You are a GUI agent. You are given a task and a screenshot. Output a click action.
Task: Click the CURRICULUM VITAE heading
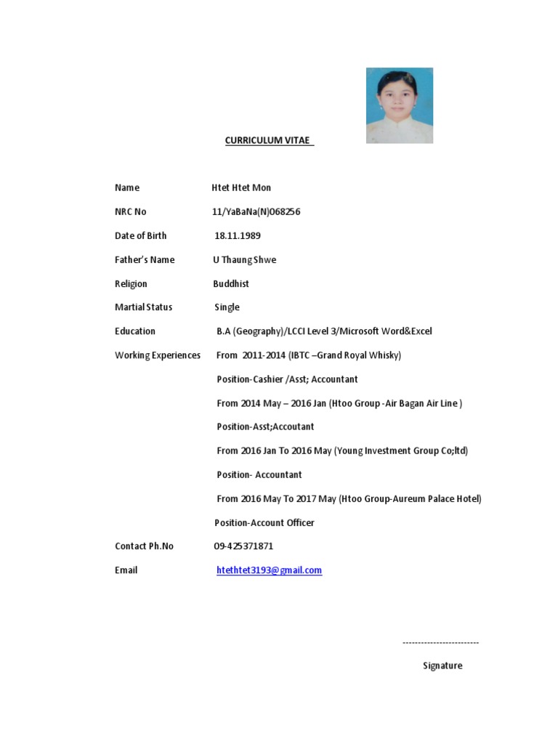click(x=269, y=140)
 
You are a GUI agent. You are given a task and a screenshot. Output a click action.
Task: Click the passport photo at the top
click(x=400, y=105)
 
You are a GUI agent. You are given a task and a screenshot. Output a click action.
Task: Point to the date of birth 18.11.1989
click(x=238, y=235)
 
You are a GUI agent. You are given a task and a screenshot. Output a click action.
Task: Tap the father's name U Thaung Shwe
click(x=244, y=259)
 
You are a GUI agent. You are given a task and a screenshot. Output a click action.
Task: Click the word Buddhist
click(x=231, y=283)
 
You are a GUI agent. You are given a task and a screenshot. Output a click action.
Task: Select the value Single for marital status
click(x=227, y=307)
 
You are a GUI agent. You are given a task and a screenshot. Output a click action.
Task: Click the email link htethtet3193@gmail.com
click(x=269, y=570)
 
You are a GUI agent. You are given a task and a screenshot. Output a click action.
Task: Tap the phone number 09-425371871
click(x=243, y=546)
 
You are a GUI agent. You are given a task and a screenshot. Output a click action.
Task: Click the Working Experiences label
click(x=158, y=355)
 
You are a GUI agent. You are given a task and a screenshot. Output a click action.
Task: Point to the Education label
click(x=135, y=331)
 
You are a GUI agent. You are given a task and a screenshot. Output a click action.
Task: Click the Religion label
click(x=131, y=283)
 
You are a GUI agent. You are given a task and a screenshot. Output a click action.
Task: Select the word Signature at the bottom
click(x=442, y=666)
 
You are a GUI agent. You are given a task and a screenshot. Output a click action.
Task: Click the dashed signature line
click(x=440, y=642)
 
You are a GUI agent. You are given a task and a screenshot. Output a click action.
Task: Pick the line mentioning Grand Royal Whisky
click(x=309, y=355)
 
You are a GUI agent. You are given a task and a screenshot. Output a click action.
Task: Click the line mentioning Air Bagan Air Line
click(x=339, y=403)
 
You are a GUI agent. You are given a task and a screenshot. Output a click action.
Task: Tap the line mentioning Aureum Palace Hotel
click(x=349, y=498)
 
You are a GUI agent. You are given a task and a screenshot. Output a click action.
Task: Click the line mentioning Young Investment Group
click(x=342, y=450)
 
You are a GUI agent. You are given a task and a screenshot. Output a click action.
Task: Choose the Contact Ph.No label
click(x=144, y=546)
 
